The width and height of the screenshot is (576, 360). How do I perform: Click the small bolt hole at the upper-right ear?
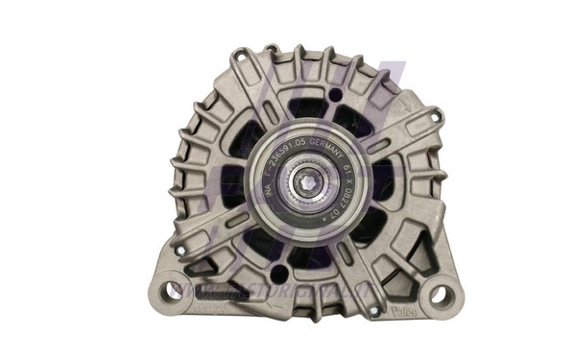(x=437, y=116)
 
